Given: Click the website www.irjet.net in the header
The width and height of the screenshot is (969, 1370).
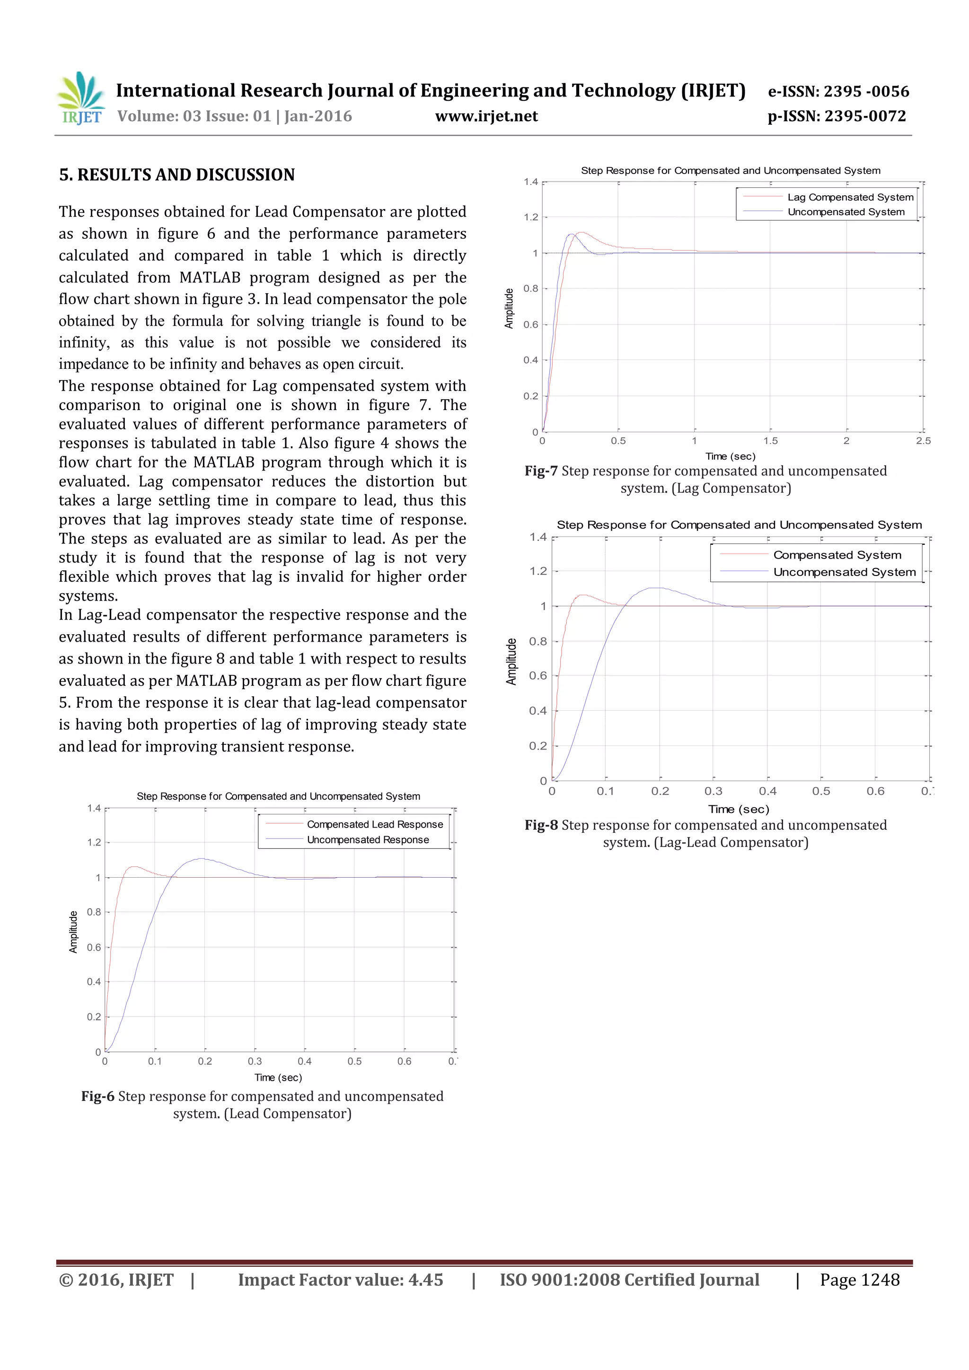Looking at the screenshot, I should point(486,116).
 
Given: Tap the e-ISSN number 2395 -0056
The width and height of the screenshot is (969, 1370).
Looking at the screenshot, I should point(866,91).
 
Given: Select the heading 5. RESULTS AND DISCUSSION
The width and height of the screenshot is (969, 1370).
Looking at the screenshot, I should point(177,175).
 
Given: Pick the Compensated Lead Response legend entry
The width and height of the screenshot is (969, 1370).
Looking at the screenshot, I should point(374,824).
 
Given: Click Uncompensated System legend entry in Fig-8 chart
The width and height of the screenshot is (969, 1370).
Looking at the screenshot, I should point(844,572).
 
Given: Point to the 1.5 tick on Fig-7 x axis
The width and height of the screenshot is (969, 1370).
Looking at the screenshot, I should point(770,441).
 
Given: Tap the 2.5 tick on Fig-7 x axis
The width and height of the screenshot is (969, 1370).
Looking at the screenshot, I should point(923,441).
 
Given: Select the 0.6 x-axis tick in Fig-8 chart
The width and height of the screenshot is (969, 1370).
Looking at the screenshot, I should point(875,791).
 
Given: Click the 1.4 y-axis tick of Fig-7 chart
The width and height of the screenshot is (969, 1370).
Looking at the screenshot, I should point(531,182).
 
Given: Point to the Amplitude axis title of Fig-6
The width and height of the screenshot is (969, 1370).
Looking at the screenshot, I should point(73,932).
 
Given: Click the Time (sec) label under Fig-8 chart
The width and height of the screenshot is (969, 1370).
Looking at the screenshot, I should point(739,809).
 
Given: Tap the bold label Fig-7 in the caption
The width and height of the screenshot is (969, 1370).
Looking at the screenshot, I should point(541,471).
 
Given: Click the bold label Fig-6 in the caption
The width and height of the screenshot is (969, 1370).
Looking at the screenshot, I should point(97,1097).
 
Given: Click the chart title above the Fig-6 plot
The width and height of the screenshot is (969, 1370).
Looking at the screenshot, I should point(278,796).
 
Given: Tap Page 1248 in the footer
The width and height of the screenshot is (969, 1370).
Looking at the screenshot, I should point(859,1280).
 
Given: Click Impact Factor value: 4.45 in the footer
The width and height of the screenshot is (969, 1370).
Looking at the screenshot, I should point(340,1280).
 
